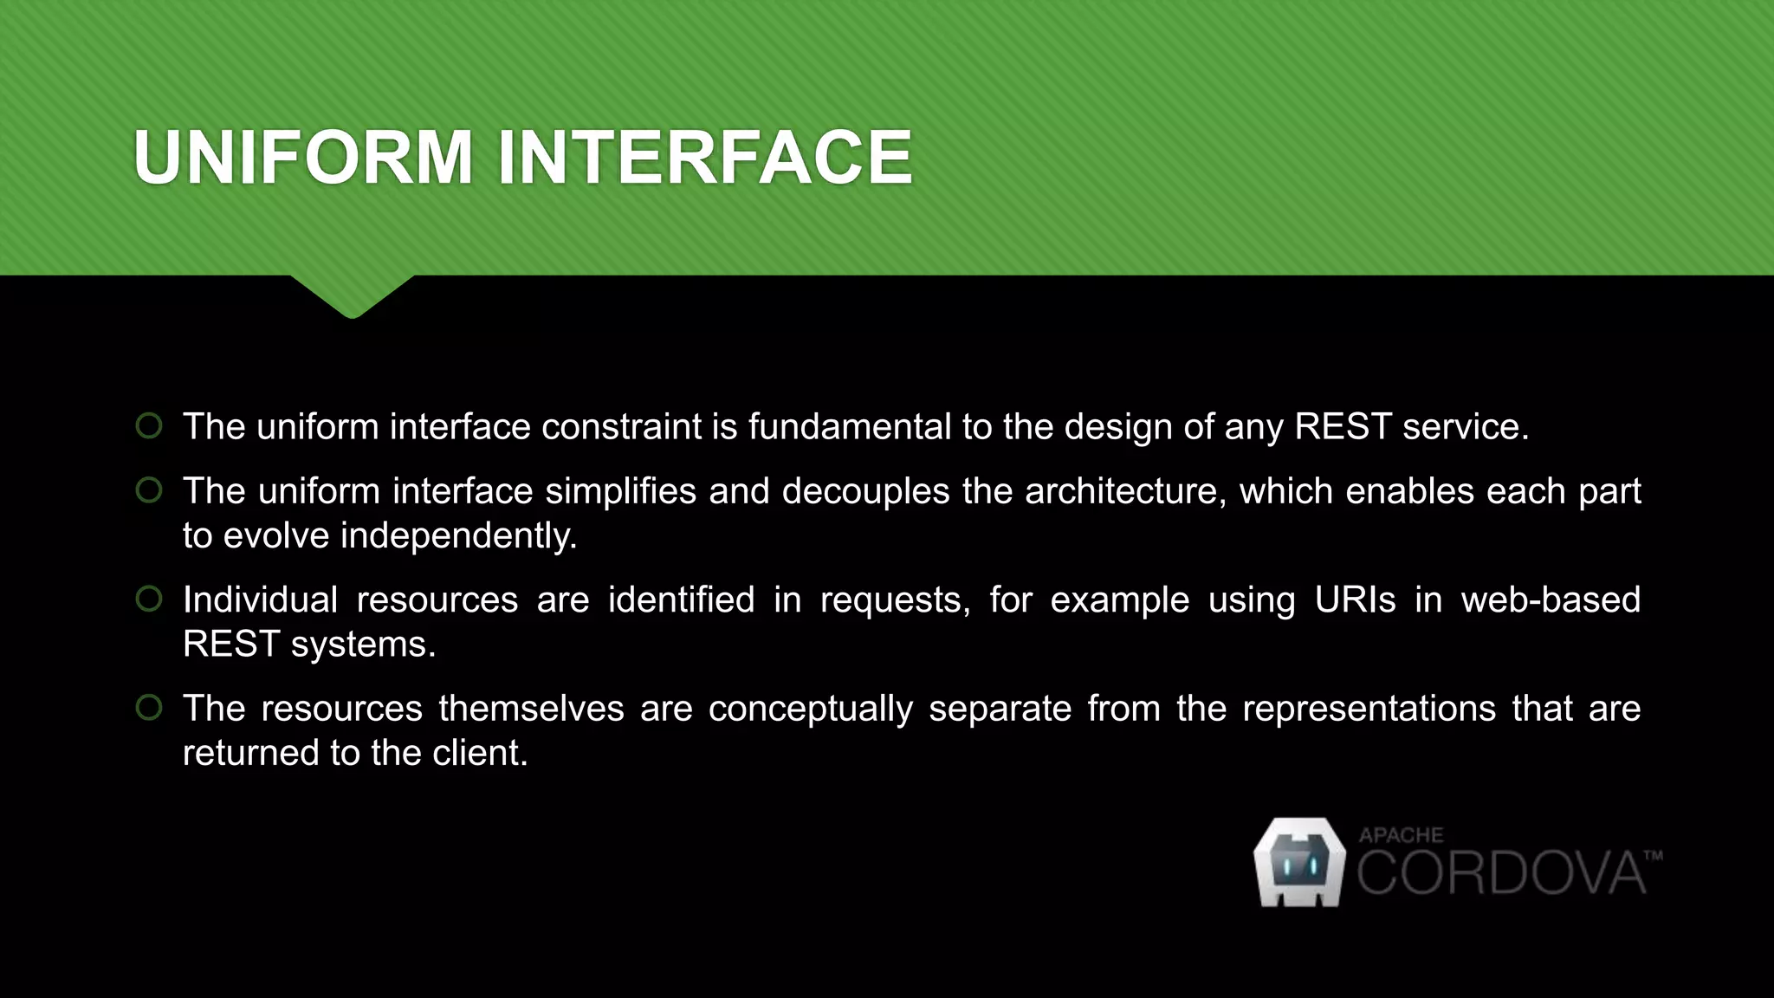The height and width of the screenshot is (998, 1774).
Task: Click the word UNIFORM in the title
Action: tap(303, 158)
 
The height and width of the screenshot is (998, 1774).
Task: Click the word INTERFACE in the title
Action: tap(704, 158)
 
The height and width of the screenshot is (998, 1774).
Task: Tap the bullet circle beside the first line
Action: tap(149, 426)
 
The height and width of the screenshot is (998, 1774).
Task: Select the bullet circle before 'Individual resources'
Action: tap(149, 599)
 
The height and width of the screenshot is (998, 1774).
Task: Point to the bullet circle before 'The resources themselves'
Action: tap(149, 708)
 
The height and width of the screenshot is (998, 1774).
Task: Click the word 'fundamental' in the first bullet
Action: tap(850, 427)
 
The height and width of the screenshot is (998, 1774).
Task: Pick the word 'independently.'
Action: tap(458, 536)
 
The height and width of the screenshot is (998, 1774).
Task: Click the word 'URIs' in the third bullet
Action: tap(1355, 599)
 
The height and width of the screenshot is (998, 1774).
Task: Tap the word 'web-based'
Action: tap(1551, 599)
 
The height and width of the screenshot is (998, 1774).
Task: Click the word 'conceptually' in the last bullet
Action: tap(810, 710)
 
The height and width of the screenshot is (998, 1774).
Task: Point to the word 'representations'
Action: tap(1369, 710)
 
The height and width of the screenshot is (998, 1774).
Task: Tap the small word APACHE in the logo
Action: tap(1401, 835)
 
